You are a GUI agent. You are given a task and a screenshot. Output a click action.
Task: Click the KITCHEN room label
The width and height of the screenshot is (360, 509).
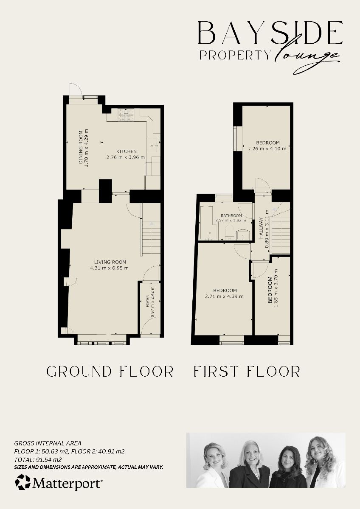[127, 151]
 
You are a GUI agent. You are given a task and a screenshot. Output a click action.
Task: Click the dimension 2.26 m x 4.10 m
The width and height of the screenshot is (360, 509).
[267, 148]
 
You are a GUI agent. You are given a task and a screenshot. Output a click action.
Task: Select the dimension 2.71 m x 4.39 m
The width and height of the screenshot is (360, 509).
[225, 296]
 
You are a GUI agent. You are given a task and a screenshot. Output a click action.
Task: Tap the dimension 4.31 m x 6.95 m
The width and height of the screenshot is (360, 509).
[109, 268]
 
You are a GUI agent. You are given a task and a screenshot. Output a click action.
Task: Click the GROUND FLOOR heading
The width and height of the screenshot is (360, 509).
[110, 372]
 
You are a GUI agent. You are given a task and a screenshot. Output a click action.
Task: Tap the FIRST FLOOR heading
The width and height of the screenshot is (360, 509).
[247, 372]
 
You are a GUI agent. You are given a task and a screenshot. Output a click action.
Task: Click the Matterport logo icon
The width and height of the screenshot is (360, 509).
[22, 482]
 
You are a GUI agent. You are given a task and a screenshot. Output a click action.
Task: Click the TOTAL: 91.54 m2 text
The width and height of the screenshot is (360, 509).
[38, 459]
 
